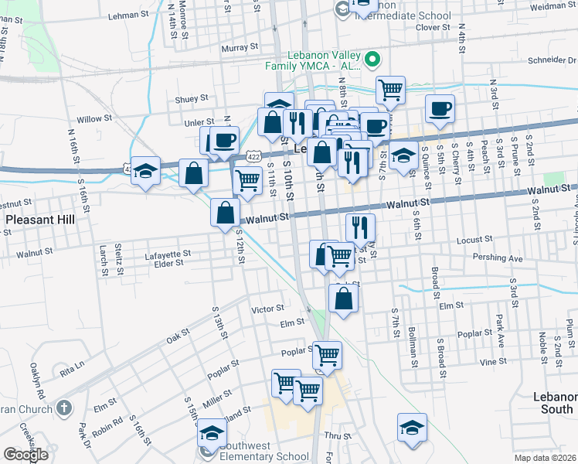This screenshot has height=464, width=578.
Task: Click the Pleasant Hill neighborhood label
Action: pos(40,220)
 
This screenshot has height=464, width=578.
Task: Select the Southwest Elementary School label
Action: pos(264,456)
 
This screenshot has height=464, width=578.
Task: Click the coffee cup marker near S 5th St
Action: pos(440,109)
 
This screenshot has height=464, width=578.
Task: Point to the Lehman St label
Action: pos(128,15)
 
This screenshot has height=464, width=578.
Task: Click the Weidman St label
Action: pos(554,5)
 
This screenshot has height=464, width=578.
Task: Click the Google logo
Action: pos(25,455)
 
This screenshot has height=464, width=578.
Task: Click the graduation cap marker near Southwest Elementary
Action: pos(212,433)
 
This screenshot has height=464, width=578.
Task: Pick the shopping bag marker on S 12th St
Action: pos(225,212)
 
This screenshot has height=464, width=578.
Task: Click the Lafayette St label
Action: pos(167,254)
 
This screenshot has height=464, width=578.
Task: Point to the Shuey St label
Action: pos(192,98)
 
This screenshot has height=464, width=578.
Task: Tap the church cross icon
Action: pos(64,407)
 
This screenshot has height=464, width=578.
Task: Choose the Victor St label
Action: pos(268,309)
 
